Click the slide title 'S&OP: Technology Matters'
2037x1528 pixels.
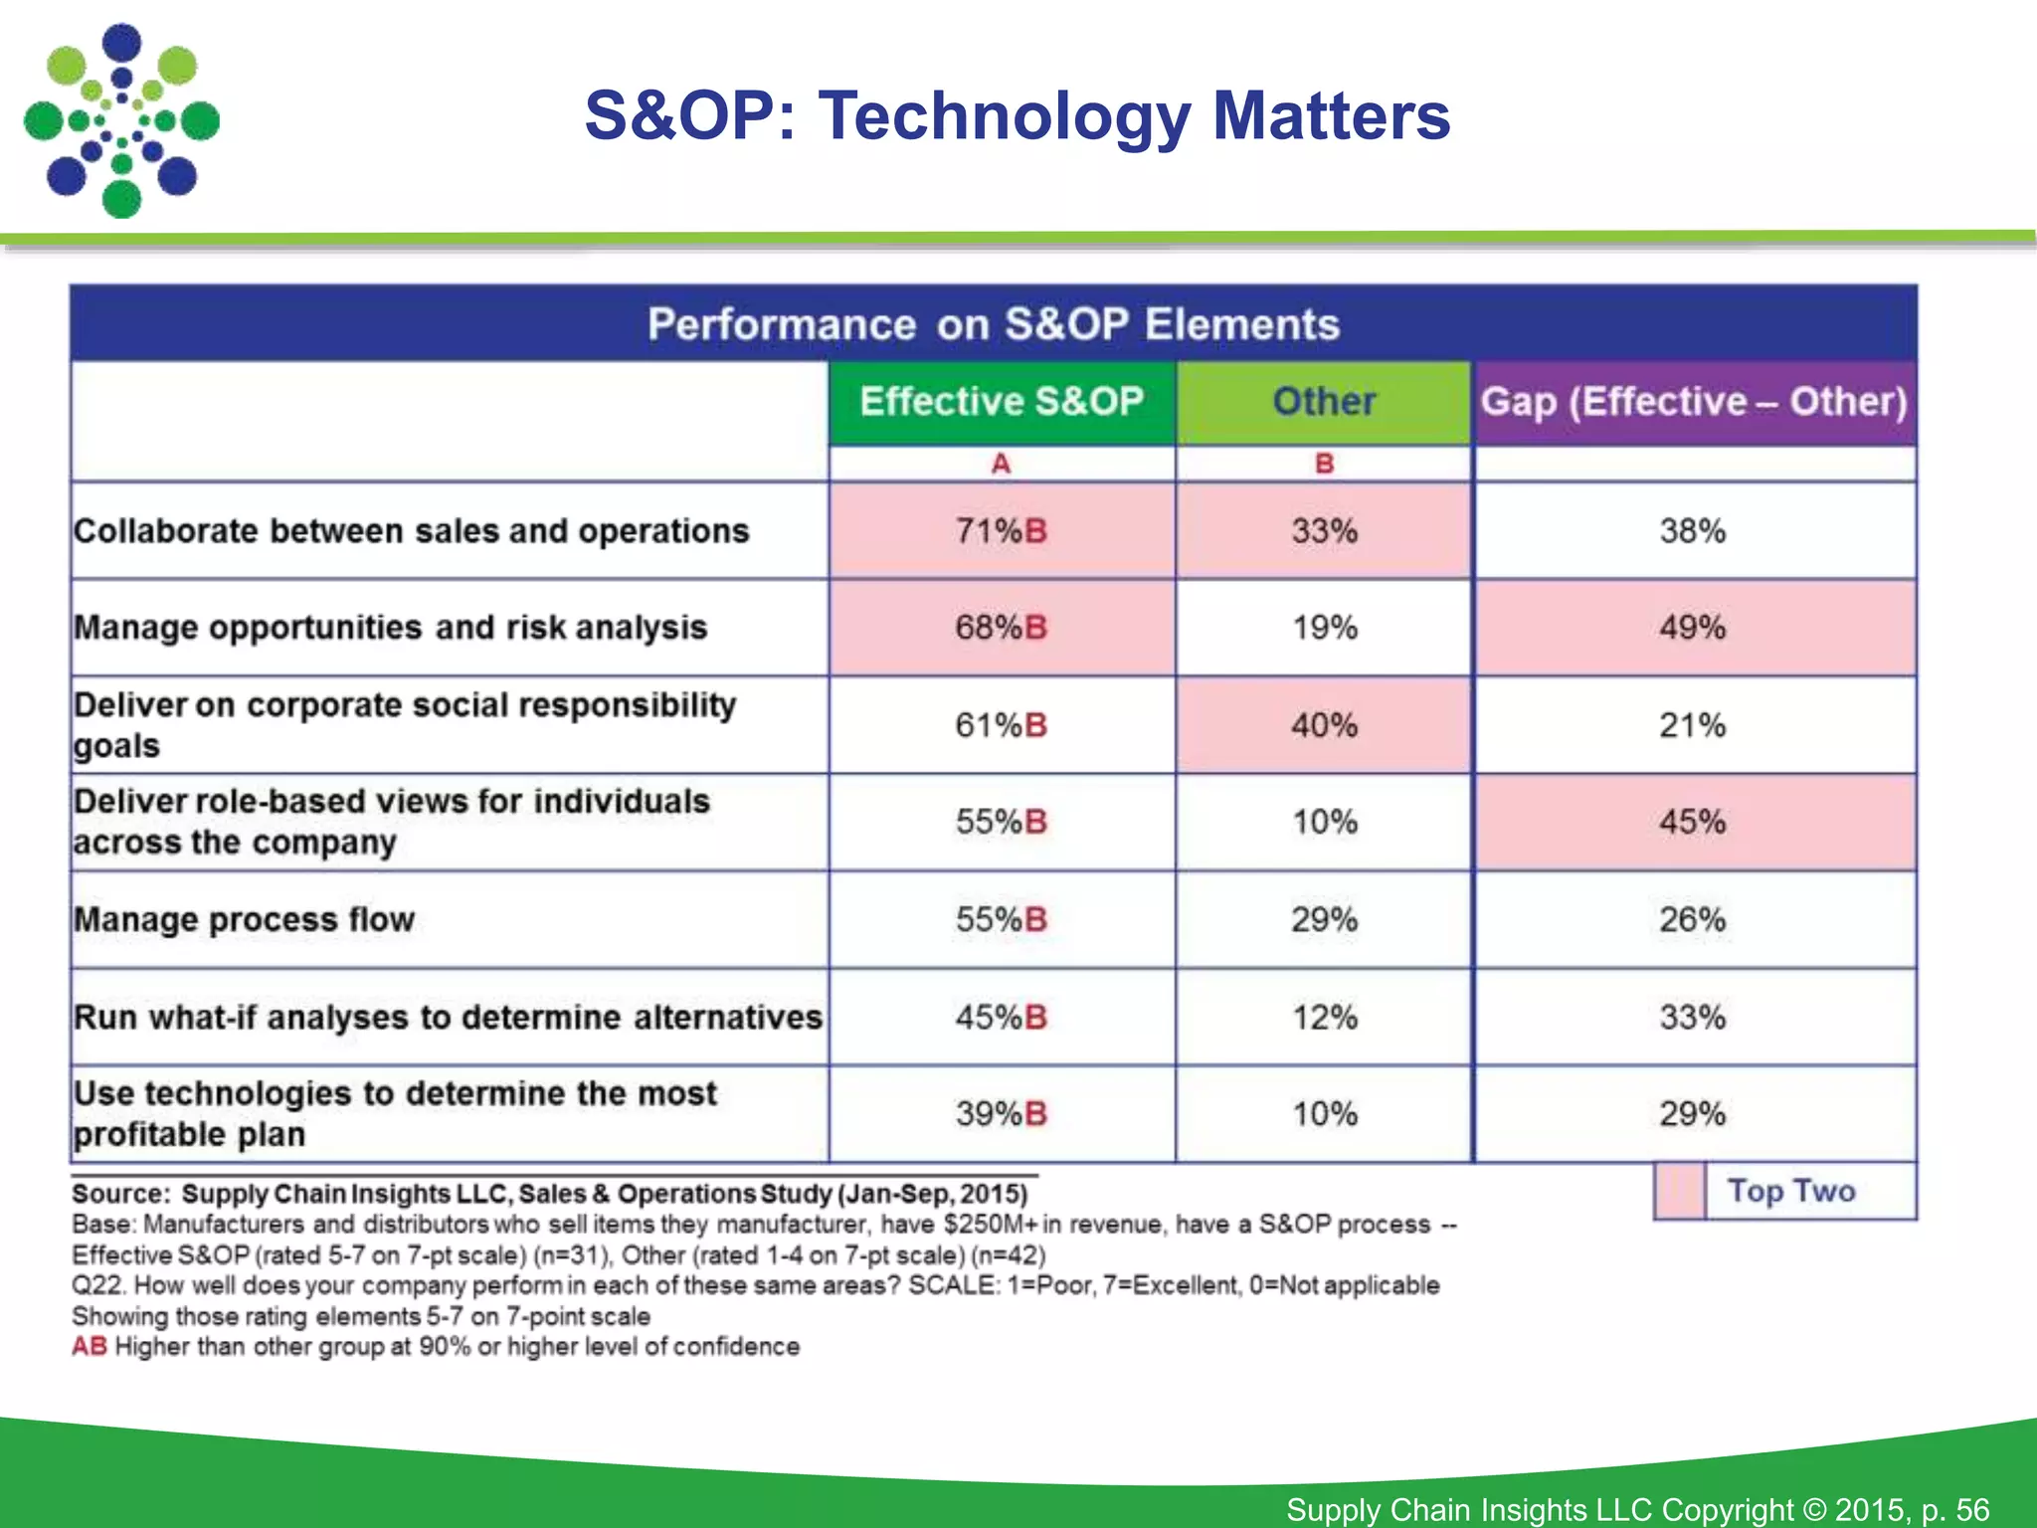point(1017,116)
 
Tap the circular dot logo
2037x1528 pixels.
point(121,120)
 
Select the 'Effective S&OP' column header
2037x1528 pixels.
point(1002,402)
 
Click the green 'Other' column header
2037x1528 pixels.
point(1324,402)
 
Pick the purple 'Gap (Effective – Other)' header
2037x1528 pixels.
point(1694,402)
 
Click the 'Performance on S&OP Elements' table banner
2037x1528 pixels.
point(993,324)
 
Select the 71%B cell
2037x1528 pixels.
point(1001,531)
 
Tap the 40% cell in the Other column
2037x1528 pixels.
point(1324,725)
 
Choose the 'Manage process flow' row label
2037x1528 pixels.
point(244,919)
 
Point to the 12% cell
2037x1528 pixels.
point(1324,1017)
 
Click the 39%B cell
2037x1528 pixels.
point(1001,1114)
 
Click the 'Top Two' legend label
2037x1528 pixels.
point(1790,1191)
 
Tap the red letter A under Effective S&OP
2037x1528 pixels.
point(1001,464)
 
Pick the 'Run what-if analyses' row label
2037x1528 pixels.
point(448,1017)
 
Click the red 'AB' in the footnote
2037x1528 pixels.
point(89,1347)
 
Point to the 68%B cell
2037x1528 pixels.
point(1001,628)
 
